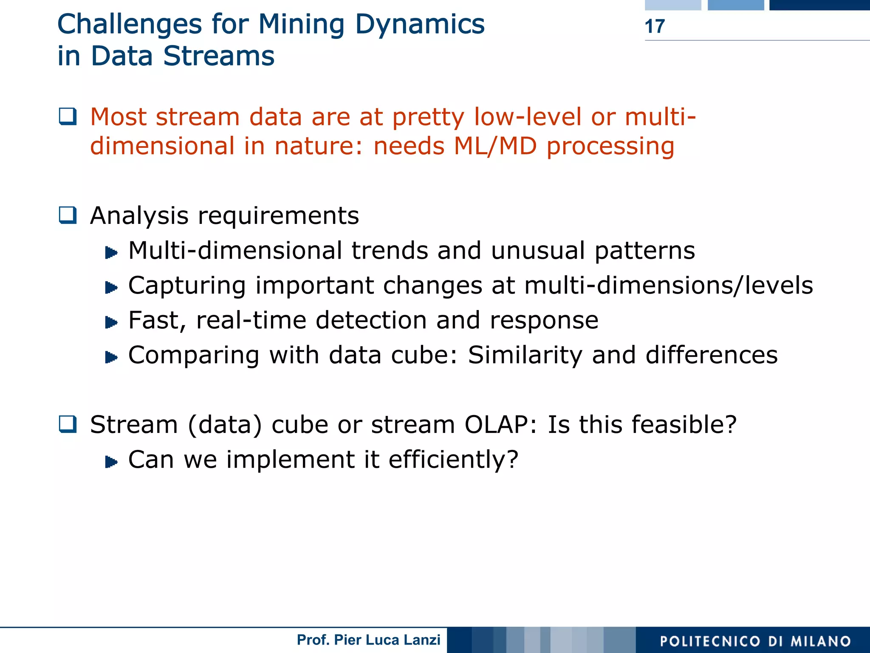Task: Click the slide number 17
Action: click(x=654, y=26)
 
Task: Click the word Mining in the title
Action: click(x=301, y=24)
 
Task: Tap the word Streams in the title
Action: click(x=219, y=56)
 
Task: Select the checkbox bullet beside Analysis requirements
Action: click(x=68, y=215)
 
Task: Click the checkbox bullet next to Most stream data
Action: click(x=68, y=116)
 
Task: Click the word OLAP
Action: click(x=496, y=424)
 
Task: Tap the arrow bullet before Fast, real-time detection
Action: click(x=111, y=322)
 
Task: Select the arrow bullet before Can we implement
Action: click(x=111, y=462)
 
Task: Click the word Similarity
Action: click(x=525, y=355)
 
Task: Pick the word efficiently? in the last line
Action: click(x=453, y=459)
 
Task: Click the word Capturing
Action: click(x=187, y=286)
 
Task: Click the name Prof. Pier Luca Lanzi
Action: click(x=368, y=640)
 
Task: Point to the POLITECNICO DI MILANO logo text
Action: click(x=755, y=641)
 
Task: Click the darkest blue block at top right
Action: click(x=819, y=5)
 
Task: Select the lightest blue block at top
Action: click(x=672, y=5)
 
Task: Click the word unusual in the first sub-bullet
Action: click(x=537, y=250)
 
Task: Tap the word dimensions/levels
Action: click(x=705, y=285)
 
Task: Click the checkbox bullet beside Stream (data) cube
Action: click(x=68, y=424)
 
